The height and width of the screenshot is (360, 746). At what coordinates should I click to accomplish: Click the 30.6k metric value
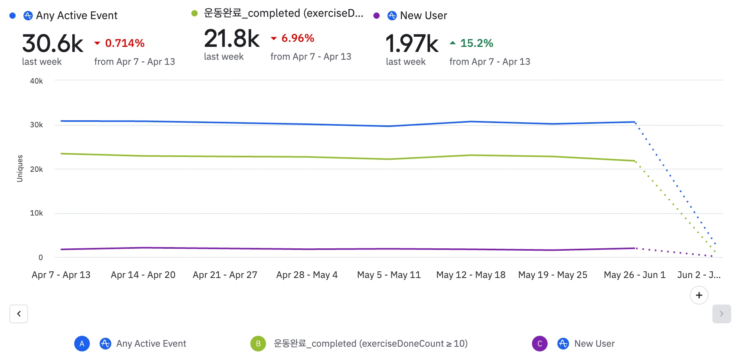(53, 43)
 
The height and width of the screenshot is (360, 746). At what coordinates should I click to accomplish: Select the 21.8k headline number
(232, 39)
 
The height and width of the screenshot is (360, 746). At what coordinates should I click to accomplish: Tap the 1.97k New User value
(412, 43)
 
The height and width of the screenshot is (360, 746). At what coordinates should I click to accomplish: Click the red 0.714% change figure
(125, 43)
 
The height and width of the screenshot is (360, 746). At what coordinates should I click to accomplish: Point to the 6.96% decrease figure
(298, 38)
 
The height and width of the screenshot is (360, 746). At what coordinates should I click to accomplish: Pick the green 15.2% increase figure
(477, 43)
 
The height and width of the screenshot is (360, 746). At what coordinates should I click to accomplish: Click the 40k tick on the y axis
(36, 81)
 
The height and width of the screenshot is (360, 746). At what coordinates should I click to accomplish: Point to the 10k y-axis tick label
(36, 213)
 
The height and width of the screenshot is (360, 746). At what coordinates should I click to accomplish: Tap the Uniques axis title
(20, 168)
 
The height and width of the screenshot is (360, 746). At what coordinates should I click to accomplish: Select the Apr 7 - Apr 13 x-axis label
(61, 275)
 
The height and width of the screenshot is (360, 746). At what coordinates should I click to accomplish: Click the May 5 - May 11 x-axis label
(389, 275)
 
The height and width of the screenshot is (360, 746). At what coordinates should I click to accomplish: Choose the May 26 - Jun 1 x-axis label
(634, 275)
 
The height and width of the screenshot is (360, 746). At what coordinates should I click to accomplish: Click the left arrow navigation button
(19, 314)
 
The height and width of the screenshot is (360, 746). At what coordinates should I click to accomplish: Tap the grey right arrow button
(721, 314)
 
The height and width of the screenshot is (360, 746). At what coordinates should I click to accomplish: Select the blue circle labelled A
(82, 344)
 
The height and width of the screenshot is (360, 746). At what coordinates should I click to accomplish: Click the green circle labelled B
(258, 344)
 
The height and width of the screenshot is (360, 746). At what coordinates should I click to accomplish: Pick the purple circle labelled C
(540, 344)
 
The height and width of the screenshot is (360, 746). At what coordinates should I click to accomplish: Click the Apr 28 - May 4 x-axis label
(307, 275)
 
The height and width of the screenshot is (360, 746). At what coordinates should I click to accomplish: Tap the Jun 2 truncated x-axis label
(699, 275)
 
